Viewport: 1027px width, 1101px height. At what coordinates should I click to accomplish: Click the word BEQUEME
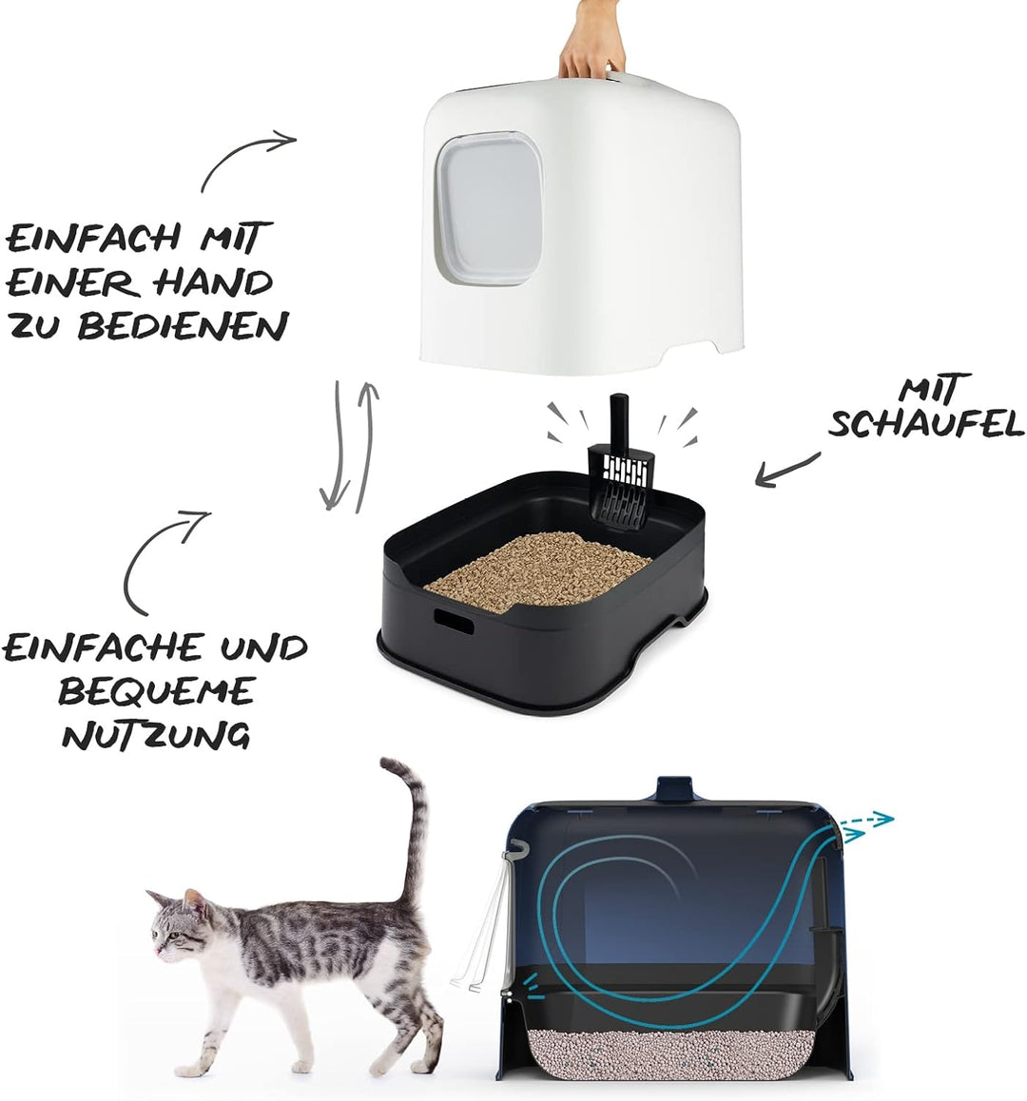157,690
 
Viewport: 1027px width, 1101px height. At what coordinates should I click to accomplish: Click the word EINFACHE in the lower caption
103,648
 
